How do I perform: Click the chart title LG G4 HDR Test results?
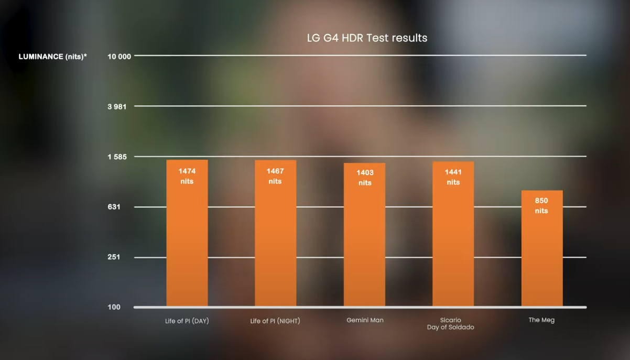coord(367,38)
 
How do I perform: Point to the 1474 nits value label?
coord(187,176)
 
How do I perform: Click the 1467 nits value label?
coord(275,176)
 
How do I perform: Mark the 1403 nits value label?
coord(365,178)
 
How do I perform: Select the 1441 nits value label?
coord(453,177)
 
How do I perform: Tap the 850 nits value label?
coord(541,205)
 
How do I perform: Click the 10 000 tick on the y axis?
coord(118,57)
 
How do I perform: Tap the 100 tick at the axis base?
coord(114,307)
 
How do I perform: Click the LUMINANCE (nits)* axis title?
coord(53,57)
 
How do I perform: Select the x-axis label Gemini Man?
coord(365,320)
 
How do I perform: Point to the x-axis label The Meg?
coord(541,320)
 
